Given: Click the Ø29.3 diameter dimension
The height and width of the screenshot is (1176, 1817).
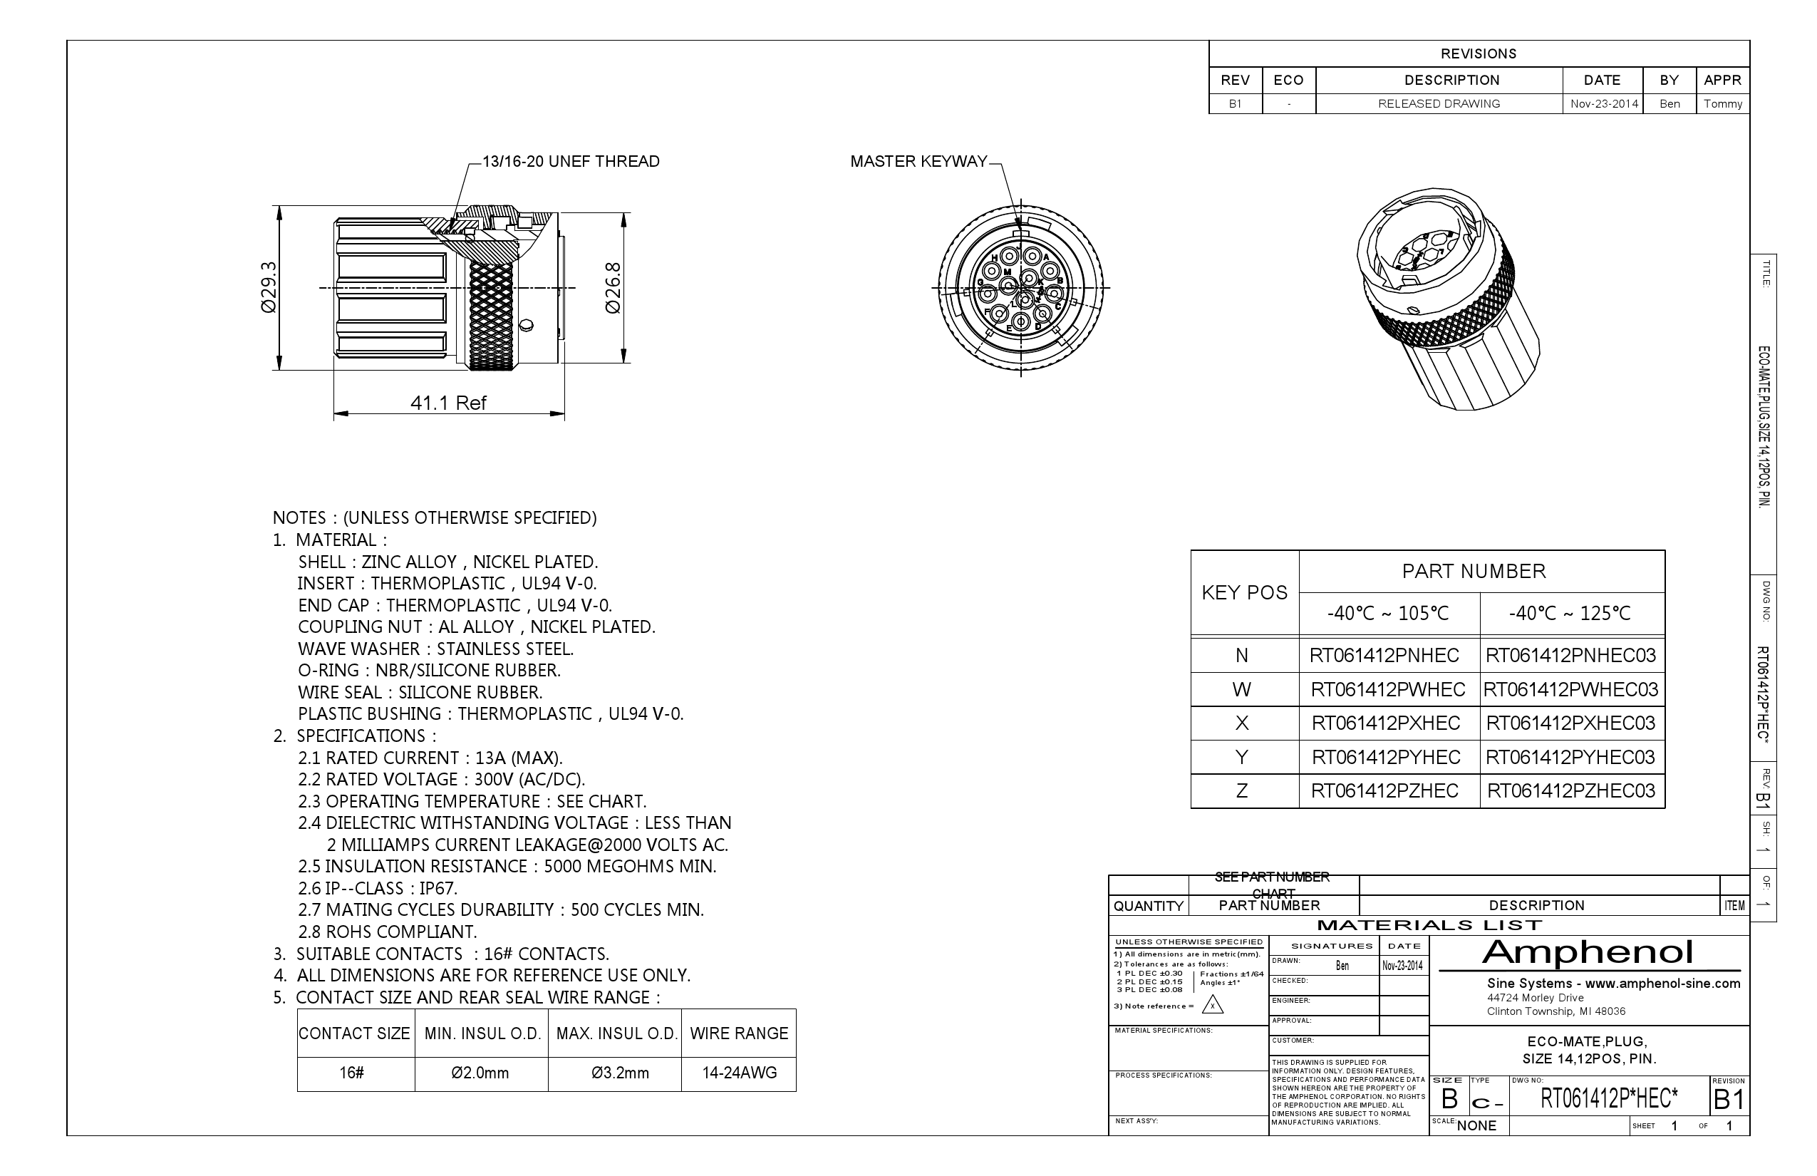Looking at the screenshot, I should tap(268, 287).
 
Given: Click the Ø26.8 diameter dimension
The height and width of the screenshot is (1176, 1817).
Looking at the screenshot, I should tap(613, 287).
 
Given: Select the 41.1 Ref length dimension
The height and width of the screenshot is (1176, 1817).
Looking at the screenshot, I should tap(448, 403).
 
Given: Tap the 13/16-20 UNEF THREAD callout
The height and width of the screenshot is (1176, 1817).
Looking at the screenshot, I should tap(570, 161).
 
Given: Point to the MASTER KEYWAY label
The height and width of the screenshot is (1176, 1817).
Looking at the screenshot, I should tap(918, 161).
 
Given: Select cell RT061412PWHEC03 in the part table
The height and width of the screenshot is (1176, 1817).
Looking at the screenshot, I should tap(1570, 690).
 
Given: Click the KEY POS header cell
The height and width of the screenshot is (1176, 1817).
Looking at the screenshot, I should tap(1244, 592).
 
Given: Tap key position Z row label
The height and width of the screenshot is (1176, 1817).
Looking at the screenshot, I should tap(1242, 790).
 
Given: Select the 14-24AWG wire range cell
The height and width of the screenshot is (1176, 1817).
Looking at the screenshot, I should tap(739, 1072).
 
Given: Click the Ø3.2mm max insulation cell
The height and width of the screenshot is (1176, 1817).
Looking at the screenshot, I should tap(620, 1072).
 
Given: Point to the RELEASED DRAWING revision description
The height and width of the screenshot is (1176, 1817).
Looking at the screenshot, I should tap(1439, 104).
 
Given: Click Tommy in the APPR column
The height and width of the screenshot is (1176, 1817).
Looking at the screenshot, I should tap(1722, 104).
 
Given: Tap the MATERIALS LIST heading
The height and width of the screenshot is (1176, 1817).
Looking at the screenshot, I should tap(1429, 926).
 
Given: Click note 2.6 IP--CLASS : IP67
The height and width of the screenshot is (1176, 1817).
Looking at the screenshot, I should tap(378, 888).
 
